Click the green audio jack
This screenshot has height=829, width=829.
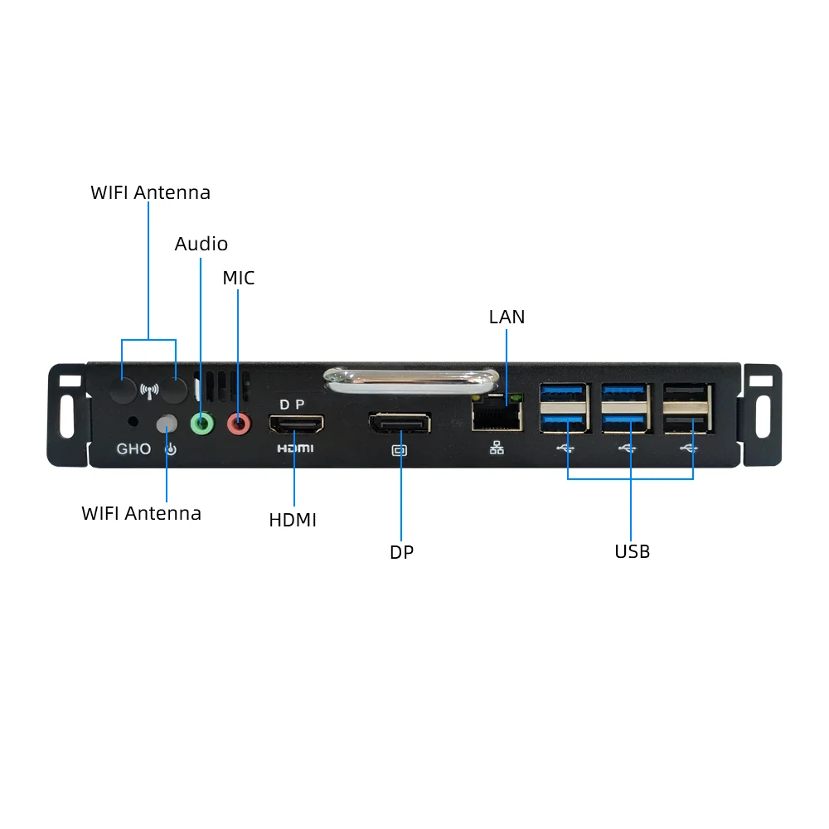coord(202,424)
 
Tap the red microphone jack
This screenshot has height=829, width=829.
coord(239,424)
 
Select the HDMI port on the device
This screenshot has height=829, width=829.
coord(296,424)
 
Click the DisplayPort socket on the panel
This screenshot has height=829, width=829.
coord(400,424)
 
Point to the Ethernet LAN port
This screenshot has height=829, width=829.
coord(497,412)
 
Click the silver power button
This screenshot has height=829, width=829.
coord(167,424)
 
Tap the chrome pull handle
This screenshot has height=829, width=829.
coord(411,381)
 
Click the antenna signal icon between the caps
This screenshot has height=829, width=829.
coord(149,391)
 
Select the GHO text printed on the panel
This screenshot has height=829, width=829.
coord(133,448)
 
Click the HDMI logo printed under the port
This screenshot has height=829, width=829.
coord(296,448)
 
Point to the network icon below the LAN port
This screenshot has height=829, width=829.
coord(497,448)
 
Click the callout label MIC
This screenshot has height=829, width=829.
coord(239,278)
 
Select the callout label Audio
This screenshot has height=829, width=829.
coord(201,244)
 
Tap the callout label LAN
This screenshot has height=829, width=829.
coord(507,317)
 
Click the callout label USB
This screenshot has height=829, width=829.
coord(633,551)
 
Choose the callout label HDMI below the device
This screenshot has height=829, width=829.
coord(293,520)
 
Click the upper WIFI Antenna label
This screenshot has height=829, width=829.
coord(151,192)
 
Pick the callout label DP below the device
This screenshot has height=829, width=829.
coord(402,552)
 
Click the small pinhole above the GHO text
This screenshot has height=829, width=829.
coord(133,421)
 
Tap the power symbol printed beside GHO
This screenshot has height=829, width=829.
coord(171,449)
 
